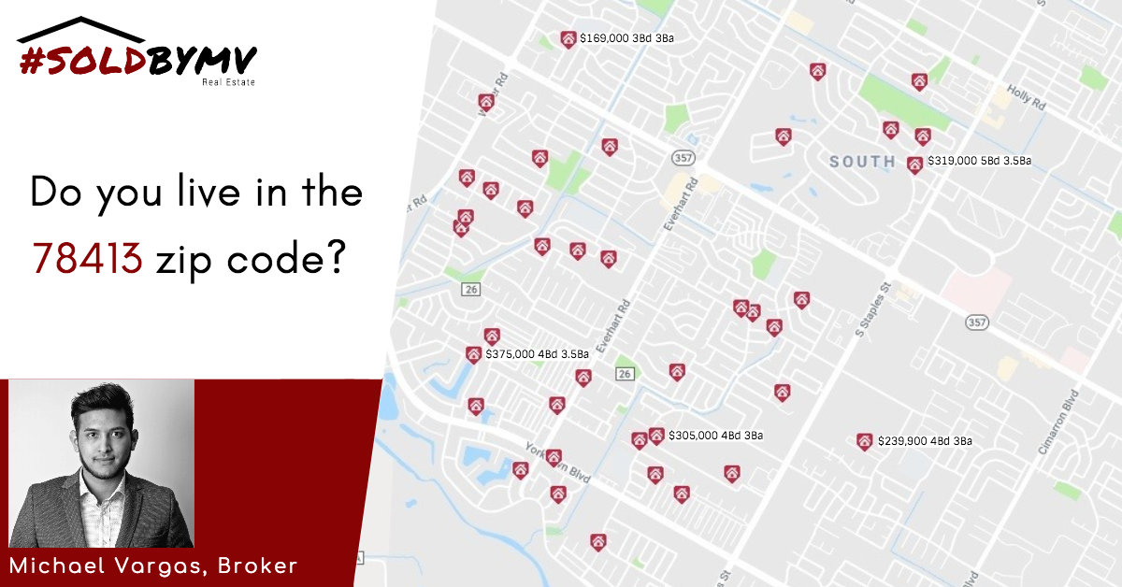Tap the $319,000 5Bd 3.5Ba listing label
[x=979, y=161]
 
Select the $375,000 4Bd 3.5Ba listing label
[x=537, y=354]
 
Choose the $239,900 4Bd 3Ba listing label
[x=925, y=441]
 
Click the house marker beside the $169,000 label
[x=568, y=39]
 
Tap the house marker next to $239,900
[x=865, y=441]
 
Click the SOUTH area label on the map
[x=862, y=161]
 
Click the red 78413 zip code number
[x=88, y=256]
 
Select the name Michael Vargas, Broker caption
[x=154, y=566]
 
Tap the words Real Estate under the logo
[x=228, y=82]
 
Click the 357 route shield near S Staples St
[x=978, y=322]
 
